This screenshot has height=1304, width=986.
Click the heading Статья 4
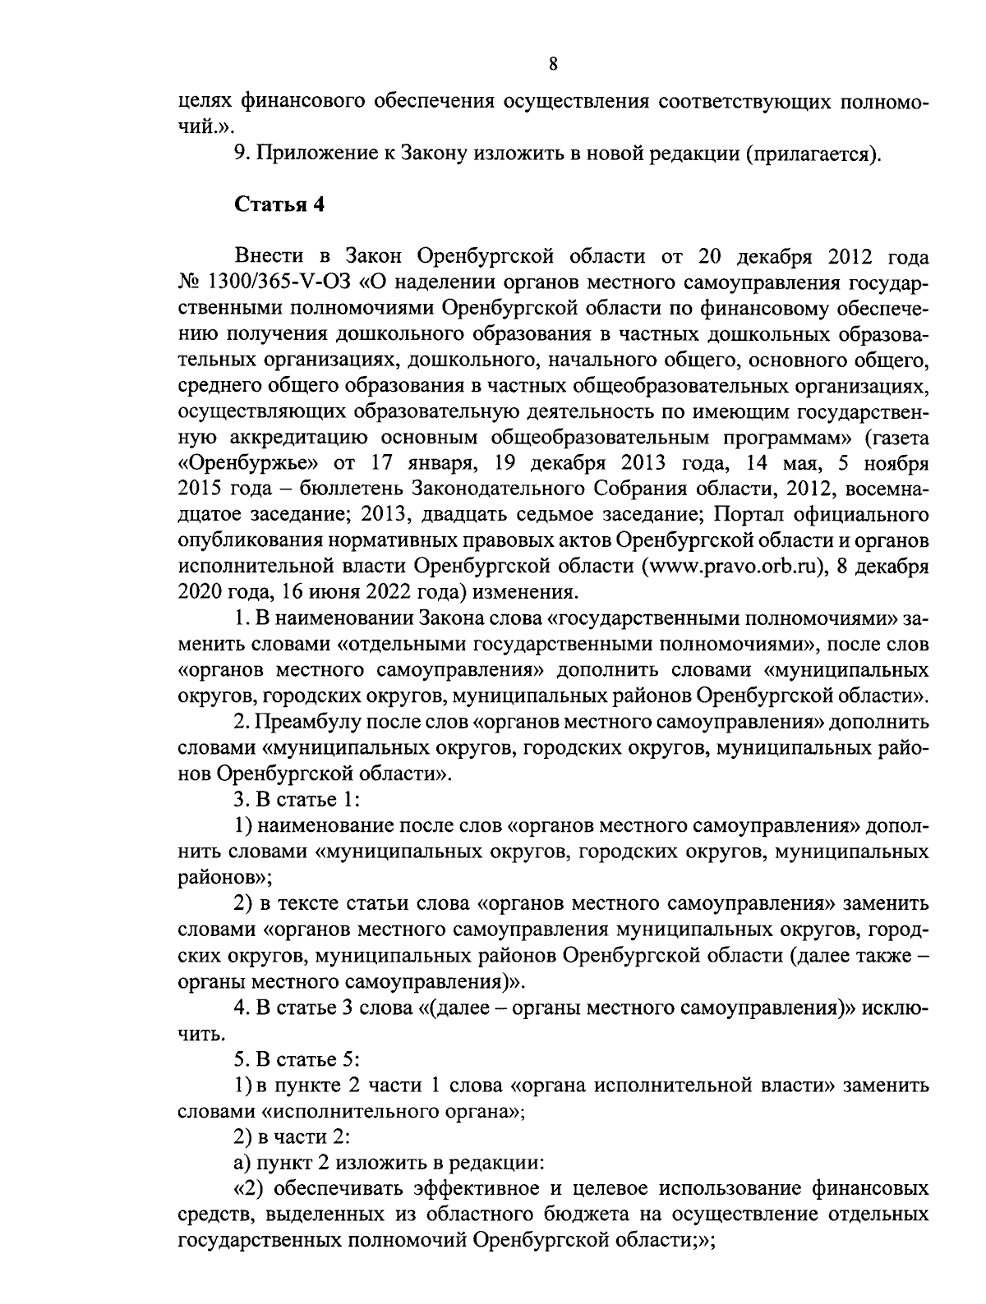[x=279, y=204]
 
